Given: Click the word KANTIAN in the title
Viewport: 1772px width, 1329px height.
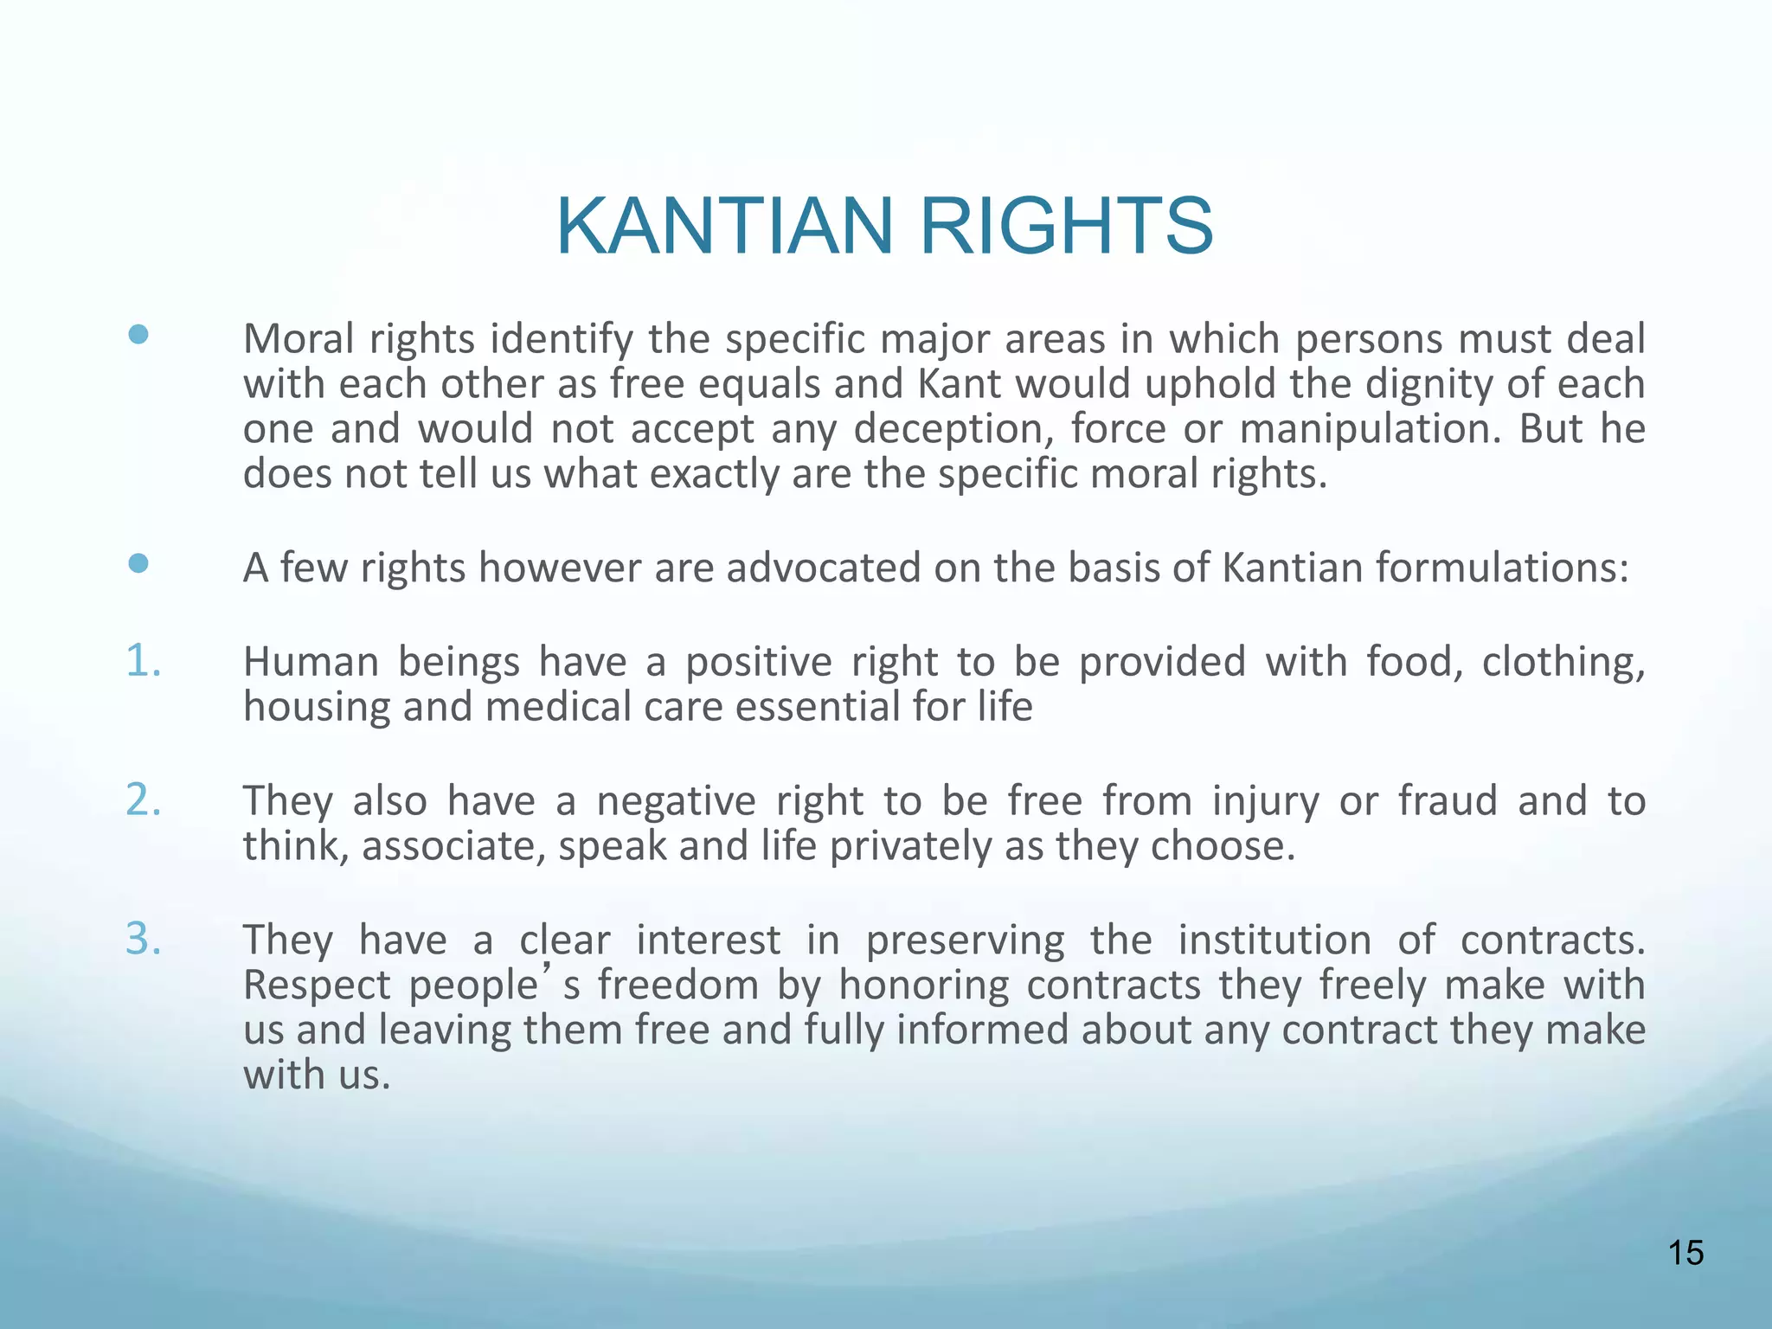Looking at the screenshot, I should [724, 226].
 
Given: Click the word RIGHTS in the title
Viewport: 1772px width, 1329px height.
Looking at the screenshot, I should [1066, 226].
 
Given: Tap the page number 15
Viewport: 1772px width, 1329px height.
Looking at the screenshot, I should [1685, 1252].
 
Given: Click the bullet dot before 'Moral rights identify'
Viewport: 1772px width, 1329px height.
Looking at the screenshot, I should [138, 335].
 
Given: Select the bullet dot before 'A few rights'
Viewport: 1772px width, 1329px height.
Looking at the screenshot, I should [138, 564].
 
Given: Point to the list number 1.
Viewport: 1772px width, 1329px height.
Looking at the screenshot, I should [143, 661].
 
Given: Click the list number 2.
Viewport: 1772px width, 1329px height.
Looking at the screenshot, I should [143, 799].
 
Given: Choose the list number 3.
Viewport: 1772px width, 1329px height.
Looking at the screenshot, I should [143, 939].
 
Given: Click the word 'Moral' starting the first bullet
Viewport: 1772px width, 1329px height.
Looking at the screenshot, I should [299, 339].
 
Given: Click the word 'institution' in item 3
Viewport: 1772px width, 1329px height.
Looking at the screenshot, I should [1274, 941].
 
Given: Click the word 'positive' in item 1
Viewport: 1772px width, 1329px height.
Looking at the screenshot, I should [758, 663].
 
